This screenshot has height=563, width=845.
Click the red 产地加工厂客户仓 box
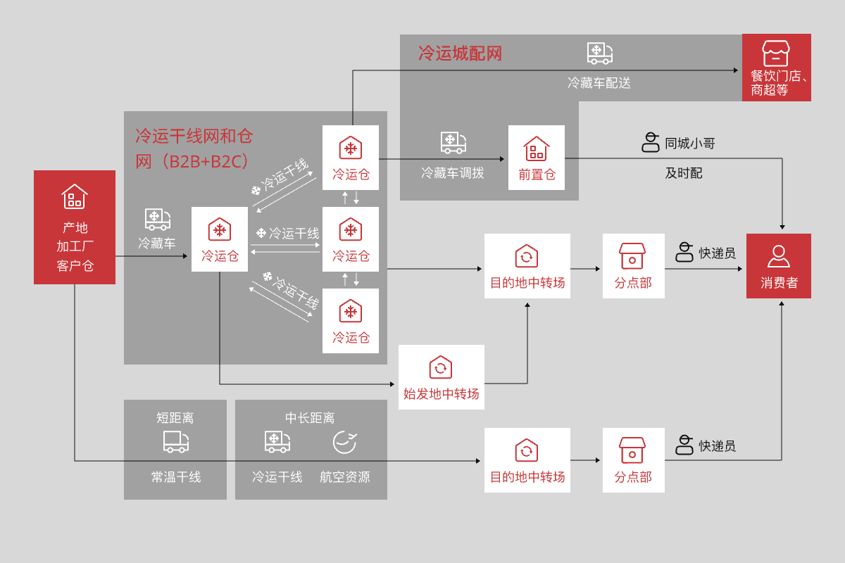[x=75, y=227]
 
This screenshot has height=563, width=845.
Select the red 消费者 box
[x=779, y=266]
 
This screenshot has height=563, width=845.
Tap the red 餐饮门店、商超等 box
[x=777, y=68]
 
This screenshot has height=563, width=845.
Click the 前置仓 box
[x=537, y=158]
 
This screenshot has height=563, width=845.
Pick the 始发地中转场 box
[x=442, y=377]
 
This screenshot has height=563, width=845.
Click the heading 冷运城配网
[x=460, y=53]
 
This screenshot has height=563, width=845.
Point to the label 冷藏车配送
[x=599, y=83]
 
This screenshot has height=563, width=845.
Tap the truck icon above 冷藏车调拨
[x=453, y=142]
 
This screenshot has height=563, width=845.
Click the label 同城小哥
[x=690, y=144]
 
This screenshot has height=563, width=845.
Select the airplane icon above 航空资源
[x=344, y=441]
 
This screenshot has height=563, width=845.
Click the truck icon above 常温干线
[x=175, y=441]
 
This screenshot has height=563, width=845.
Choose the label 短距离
[x=175, y=418]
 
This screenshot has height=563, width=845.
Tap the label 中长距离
[x=310, y=418]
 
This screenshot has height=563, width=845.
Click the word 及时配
[x=684, y=173]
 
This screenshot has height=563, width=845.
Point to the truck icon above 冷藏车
[x=158, y=219]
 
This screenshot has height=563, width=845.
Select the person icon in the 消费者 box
[x=779, y=255]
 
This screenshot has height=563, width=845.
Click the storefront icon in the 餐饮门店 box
[x=776, y=53]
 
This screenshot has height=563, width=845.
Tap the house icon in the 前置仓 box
[x=537, y=148]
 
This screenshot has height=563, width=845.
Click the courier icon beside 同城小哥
[x=651, y=143]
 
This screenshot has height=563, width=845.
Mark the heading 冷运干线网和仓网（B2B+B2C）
[x=194, y=148]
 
